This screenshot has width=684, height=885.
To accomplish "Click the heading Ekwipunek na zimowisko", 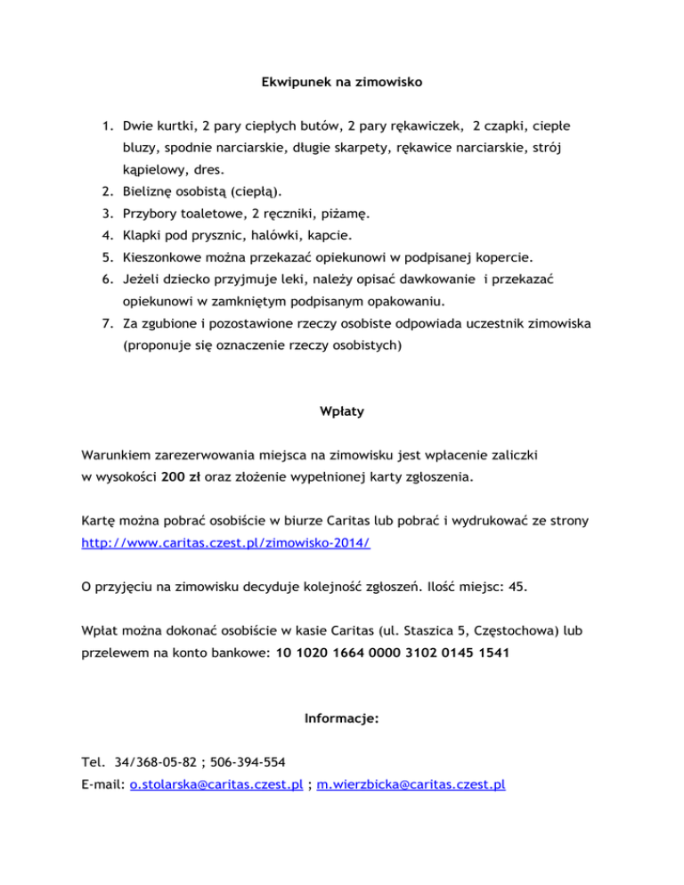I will [341, 83].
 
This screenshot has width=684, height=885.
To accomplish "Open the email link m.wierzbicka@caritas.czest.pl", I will [412, 784].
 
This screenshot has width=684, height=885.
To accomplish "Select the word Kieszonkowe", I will [169, 258].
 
